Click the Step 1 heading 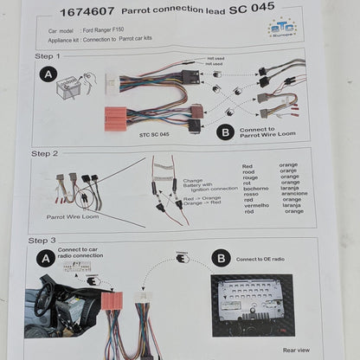pyautogui.click(x=48, y=57)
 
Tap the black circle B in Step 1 pyautogui.click(x=224, y=132)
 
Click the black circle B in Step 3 pyautogui.click(x=222, y=257)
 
